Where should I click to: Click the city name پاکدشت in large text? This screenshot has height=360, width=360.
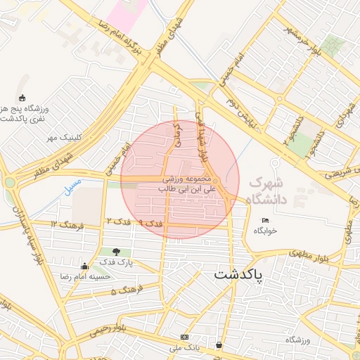tap(237, 274)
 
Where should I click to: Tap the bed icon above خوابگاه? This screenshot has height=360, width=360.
tap(265, 221)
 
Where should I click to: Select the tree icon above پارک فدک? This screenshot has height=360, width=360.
tap(116, 252)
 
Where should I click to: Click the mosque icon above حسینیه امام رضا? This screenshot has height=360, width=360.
tap(85, 266)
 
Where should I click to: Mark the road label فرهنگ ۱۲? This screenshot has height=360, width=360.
tap(67, 224)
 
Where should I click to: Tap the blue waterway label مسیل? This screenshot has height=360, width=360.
tap(71, 186)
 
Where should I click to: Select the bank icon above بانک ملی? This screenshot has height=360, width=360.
tap(184, 337)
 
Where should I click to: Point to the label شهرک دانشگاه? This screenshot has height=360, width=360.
tap(288, 186)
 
